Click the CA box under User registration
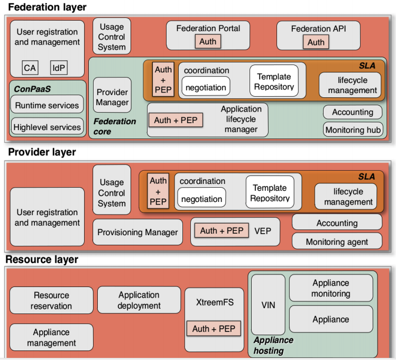[x=30, y=68]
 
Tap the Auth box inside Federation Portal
[x=208, y=42]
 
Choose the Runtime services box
[x=47, y=105]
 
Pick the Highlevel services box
[x=47, y=127]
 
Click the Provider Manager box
[x=112, y=97]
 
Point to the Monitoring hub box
[x=353, y=130]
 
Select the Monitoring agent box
[x=337, y=242]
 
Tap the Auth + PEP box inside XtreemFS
[x=213, y=329]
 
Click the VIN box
[x=268, y=305]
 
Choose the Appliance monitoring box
[x=330, y=289]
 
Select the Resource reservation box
[x=51, y=300]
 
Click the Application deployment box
[x=139, y=300]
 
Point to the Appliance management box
[x=51, y=337]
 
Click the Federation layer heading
[x=47, y=7]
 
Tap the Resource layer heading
[x=42, y=260]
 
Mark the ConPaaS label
[x=30, y=89]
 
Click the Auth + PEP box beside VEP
[x=222, y=230]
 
